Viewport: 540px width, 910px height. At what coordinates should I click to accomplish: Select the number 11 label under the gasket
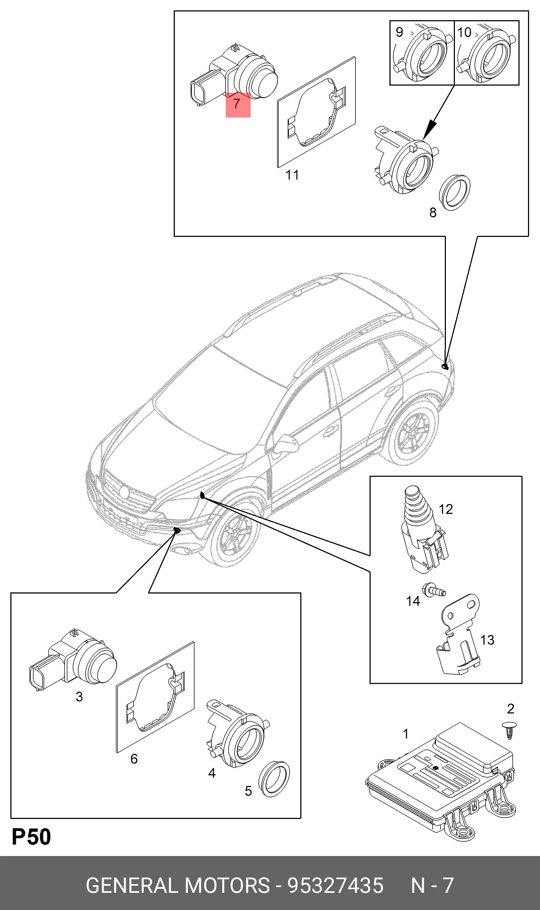click(292, 175)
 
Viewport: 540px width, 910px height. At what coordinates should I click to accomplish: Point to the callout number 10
click(464, 32)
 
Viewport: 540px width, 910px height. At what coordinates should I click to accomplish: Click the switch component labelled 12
click(424, 529)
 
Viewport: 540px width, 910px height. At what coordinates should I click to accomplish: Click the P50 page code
click(31, 837)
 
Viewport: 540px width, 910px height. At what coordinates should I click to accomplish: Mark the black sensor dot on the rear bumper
click(445, 366)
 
